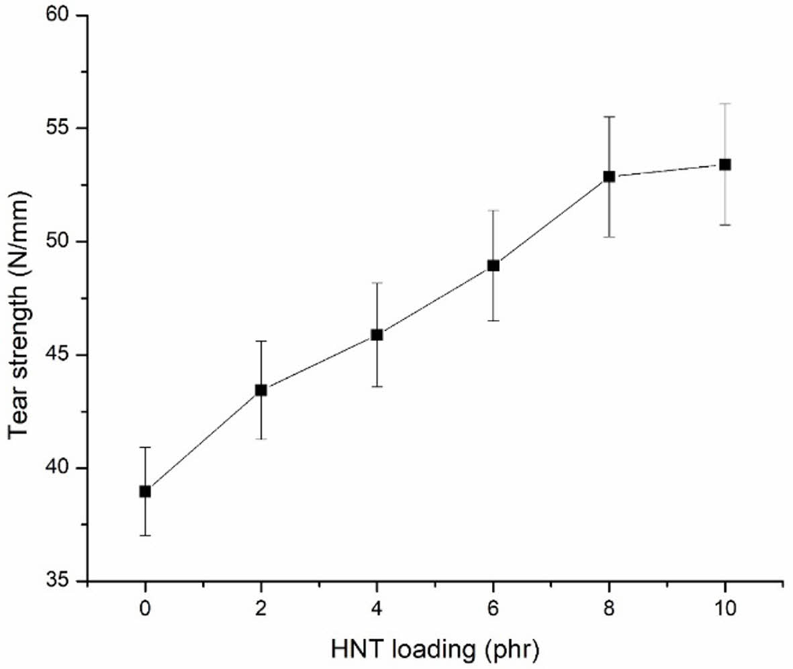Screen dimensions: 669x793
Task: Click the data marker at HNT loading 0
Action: (145, 491)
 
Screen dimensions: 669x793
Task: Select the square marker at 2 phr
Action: (261, 390)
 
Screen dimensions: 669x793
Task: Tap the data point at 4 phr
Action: (377, 335)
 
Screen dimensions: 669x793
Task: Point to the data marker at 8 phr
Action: (609, 176)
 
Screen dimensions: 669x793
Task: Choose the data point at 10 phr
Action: (725, 164)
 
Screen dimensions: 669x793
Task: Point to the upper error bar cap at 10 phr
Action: (725, 104)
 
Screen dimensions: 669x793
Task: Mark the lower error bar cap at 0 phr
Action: (145, 535)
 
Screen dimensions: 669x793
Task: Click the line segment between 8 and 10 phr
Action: (667, 170)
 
